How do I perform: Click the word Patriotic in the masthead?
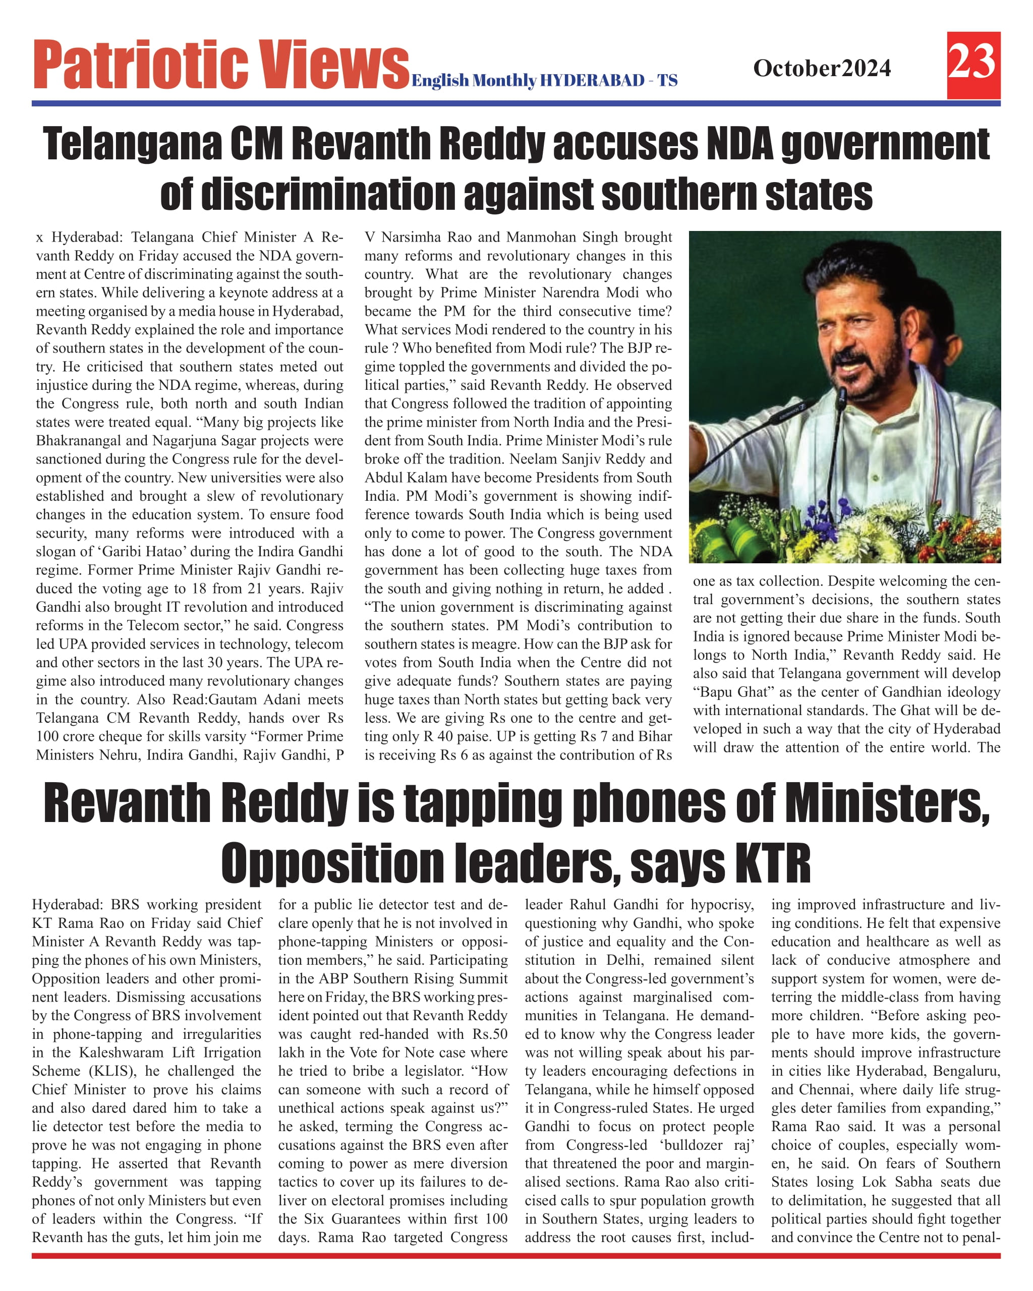(140, 65)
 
